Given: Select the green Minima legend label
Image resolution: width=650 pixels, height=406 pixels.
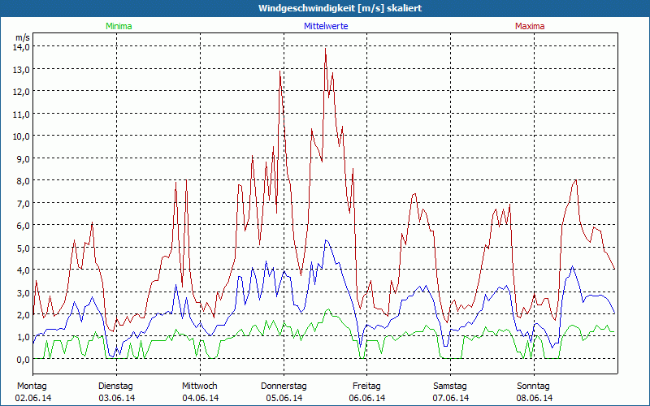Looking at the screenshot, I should pos(118,26).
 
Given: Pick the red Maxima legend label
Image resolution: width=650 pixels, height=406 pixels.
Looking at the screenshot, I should pos(530,26).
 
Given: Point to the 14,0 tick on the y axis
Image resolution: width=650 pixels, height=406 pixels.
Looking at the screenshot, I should pos(21,47).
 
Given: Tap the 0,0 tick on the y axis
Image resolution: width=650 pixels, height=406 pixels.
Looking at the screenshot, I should pos(21,359).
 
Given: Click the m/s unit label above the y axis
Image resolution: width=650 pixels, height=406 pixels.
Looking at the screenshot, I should pos(22,37).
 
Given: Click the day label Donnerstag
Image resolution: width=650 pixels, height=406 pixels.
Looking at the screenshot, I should pos(284,386).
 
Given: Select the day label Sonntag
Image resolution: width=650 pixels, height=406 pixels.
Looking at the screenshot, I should pos(534,386).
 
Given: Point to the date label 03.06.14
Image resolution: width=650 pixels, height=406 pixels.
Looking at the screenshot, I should pos(116,398).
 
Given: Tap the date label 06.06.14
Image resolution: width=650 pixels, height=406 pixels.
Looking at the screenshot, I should pos(367,398).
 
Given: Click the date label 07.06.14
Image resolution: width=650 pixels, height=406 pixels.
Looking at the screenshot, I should pos(451,398).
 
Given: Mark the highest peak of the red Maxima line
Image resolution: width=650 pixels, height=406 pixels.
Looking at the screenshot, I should pos(325,48).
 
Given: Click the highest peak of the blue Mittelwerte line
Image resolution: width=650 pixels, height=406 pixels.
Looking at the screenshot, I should pos(326,240).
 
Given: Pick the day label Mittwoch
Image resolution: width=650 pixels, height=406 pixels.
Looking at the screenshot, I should pos(200,386).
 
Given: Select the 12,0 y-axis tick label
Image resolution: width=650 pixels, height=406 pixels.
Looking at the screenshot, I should pos(21,92).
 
